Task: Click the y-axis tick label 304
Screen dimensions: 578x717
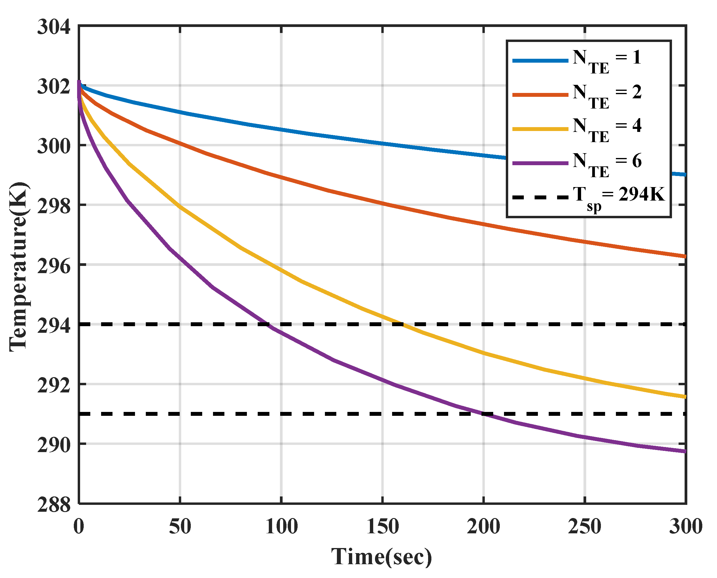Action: click(54, 27)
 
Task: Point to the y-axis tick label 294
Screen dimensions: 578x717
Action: click(54, 325)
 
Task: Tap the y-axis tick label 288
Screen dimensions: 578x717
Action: click(54, 505)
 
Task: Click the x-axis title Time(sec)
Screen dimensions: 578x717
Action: click(382, 556)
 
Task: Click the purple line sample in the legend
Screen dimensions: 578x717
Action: click(540, 163)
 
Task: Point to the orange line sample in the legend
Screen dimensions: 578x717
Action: click(540, 95)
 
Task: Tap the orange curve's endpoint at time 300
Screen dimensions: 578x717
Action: click(685, 256)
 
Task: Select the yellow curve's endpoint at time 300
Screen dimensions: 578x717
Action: click(685, 397)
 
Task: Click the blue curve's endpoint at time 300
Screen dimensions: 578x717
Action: click(685, 174)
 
